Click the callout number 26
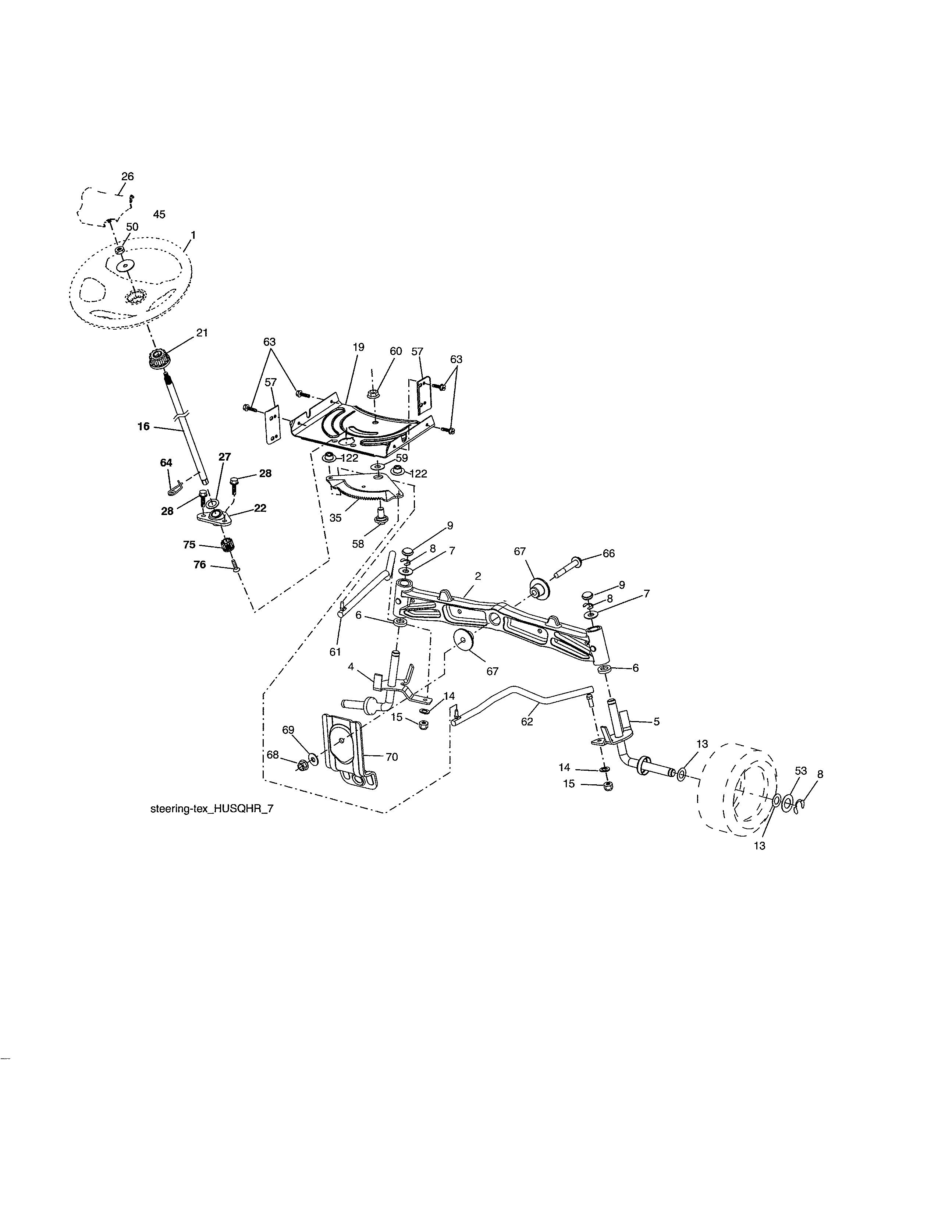point(127,176)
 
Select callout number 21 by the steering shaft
point(202,333)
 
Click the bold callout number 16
point(143,426)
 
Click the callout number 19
point(358,347)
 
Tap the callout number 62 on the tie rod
point(527,721)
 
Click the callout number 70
point(391,756)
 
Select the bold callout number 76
point(199,565)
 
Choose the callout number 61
point(335,652)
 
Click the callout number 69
point(288,730)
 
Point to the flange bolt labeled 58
point(381,518)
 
